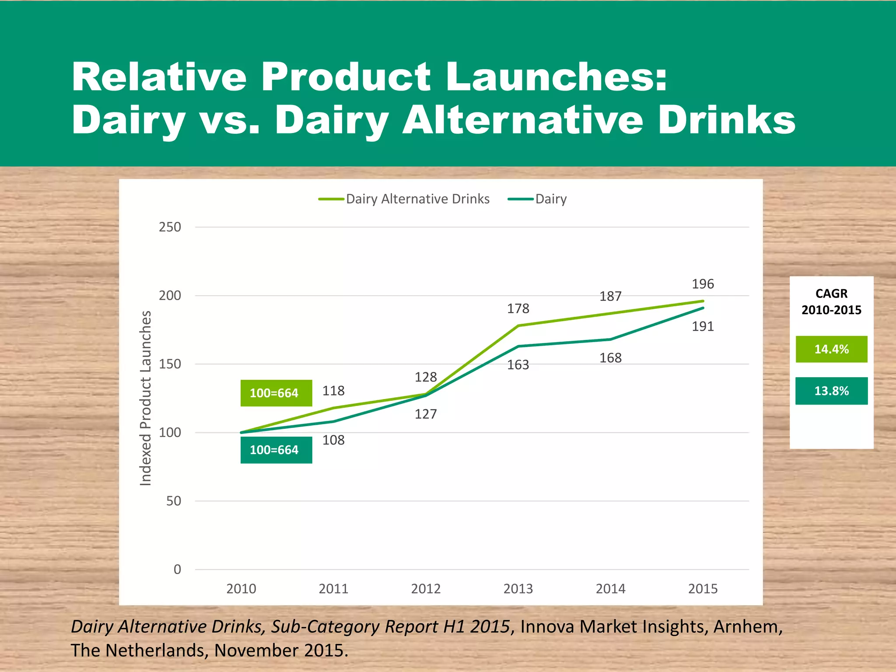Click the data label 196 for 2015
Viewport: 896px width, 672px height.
point(703,284)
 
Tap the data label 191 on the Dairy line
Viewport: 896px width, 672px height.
point(703,327)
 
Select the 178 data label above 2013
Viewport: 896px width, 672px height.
point(518,309)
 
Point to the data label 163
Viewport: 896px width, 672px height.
point(518,365)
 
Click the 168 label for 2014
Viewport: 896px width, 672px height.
point(610,358)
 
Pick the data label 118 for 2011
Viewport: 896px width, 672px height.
point(333,391)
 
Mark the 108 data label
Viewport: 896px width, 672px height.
point(333,440)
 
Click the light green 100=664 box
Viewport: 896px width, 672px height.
point(276,393)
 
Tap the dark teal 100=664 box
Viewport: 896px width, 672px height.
point(276,450)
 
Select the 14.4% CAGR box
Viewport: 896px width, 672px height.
point(831,349)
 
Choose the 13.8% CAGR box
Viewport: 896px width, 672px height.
point(831,391)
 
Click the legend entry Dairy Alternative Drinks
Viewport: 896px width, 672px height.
point(417,199)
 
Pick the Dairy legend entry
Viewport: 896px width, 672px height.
point(550,199)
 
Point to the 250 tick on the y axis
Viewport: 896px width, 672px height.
point(170,227)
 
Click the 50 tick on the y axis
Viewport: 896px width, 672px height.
point(173,501)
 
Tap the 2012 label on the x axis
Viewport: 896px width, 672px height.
point(426,589)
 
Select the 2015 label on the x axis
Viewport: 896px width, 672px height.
point(703,589)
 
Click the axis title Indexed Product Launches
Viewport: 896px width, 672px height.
point(146,398)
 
